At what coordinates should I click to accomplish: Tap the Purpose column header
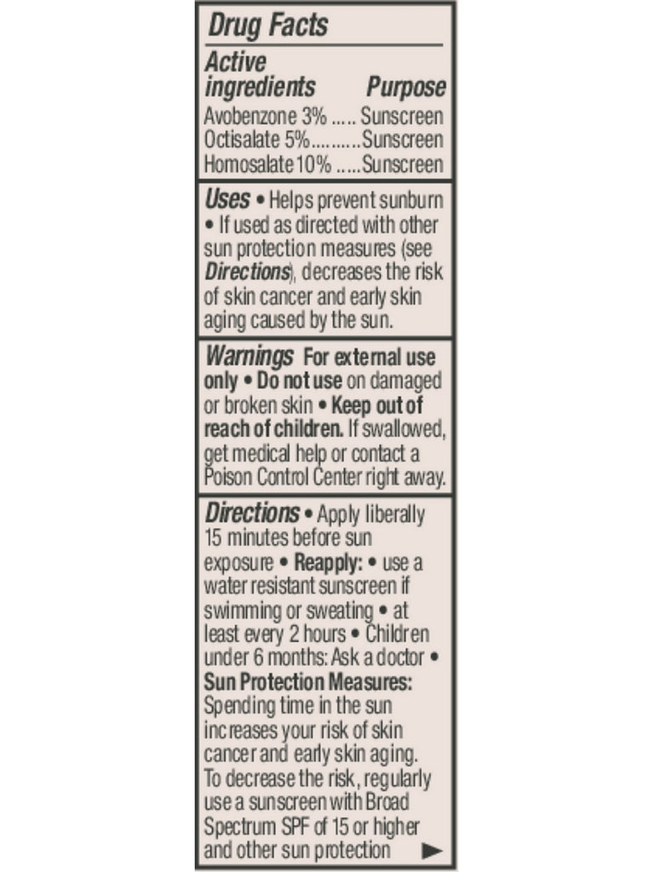click(x=406, y=87)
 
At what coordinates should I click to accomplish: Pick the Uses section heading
click(x=227, y=200)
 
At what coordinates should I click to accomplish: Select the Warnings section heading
click(x=250, y=355)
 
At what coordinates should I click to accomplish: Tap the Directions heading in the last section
click(x=252, y=513)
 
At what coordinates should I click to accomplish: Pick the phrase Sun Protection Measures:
click(x=308, y=683)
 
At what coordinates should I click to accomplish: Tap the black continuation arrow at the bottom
click(x=433, y=850)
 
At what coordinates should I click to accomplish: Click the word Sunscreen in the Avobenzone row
click(x=402, y=117)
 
